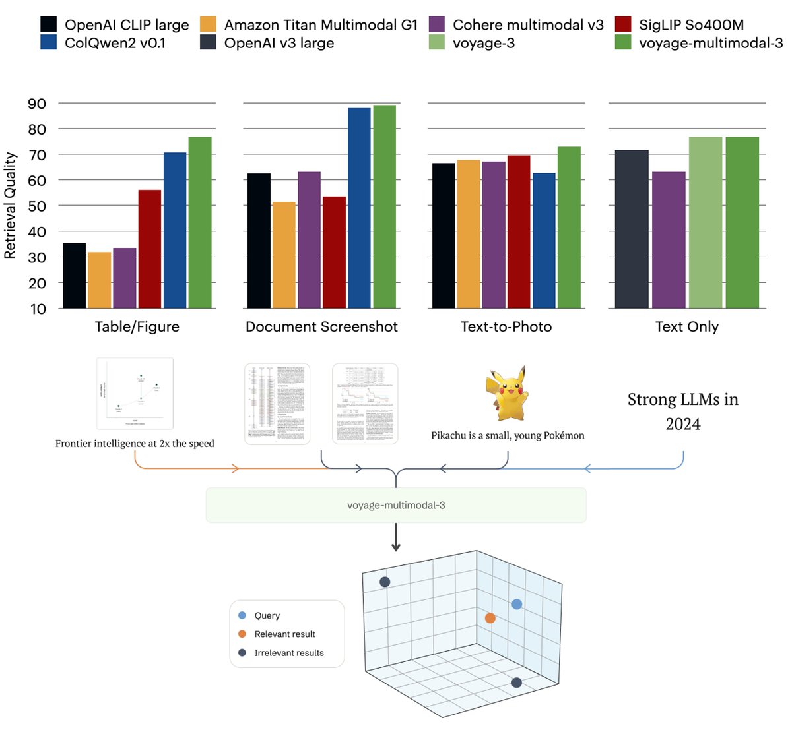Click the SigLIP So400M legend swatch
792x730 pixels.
622,24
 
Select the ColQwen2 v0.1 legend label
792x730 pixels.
115,43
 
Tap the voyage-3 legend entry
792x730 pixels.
483,43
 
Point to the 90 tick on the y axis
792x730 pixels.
37,104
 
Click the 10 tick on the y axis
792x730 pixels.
37,309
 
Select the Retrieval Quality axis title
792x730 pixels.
10,205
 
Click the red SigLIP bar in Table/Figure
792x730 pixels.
150,249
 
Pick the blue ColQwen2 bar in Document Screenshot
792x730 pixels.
359,208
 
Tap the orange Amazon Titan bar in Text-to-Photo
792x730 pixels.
468,233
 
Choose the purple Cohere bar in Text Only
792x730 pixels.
669,240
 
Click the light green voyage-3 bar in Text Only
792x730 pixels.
706,222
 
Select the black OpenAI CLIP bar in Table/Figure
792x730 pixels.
75,276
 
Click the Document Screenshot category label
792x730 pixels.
321,327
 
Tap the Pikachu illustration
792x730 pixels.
507,394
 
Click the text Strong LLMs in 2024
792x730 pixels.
682,411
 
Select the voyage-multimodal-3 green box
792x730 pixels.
396,505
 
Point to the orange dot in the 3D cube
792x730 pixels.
490,618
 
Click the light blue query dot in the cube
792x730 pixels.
517,604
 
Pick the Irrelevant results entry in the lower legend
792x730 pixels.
288,653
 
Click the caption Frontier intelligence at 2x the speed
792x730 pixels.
135,443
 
